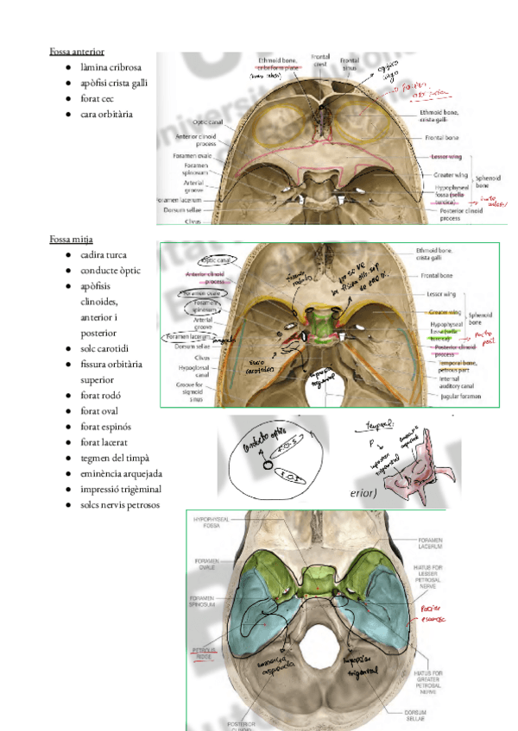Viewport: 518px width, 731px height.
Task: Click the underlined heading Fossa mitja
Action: (x=71, y=239)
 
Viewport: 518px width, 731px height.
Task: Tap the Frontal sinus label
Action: (x=349, y=65)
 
